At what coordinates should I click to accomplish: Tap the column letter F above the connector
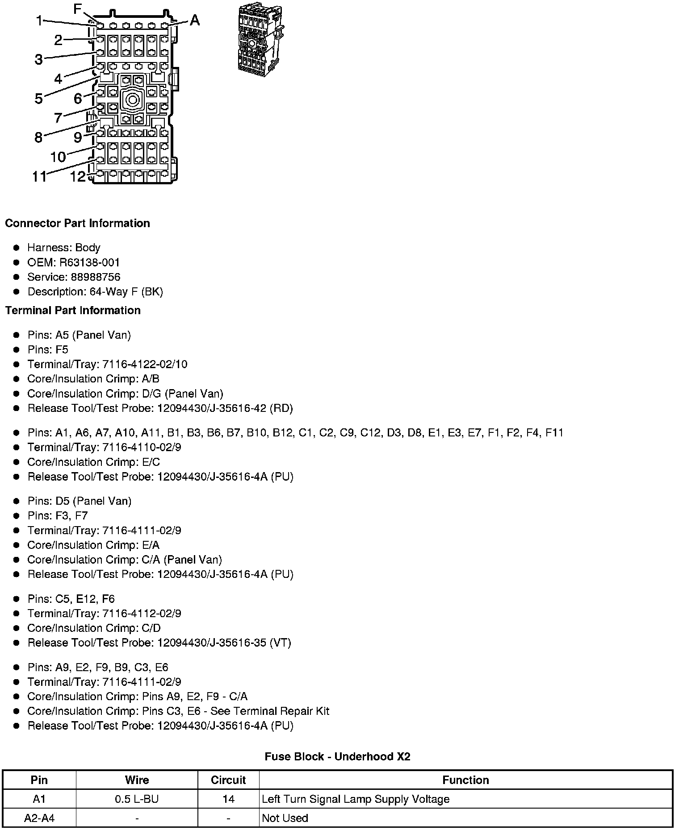coord(78,9)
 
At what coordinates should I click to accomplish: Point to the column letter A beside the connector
coord(195,20)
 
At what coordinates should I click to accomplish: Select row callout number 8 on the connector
coord(39,137)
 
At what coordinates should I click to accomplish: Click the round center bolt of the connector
coord(132,100)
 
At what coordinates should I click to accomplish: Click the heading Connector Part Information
coord(77,223)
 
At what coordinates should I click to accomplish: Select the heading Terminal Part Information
coord(73,310)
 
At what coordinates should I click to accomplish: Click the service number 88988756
coord(95,277)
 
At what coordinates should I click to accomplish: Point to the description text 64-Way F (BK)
coord(126,291)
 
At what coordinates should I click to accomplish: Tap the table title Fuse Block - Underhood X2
coord(337,756)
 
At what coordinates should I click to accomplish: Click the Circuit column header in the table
coord(228,780)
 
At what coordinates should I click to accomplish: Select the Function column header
coord(465,780)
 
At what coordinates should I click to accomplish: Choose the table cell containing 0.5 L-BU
coord(137,799)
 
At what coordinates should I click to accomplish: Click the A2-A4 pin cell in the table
coord(39,818)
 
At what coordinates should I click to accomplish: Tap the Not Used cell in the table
coord(285,818)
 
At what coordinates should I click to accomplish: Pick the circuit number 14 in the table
coord(228,799)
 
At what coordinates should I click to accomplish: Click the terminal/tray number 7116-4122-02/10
coord(145,364)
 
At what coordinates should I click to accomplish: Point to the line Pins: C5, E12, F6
coord(71,598)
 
